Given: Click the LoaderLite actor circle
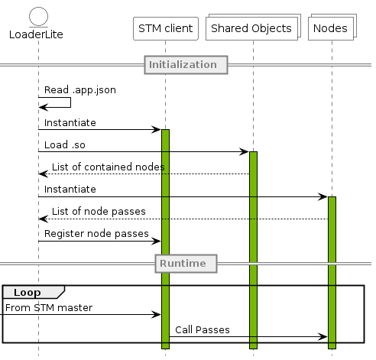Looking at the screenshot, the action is tap(38, 17).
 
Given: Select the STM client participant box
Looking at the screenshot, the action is tap(166, 28).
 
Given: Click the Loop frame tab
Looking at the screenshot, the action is tap(34, 292).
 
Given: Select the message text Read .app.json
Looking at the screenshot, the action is tap(80, 90).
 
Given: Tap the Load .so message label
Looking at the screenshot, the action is tap(65, 145).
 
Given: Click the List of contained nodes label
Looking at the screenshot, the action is tap(109, 167).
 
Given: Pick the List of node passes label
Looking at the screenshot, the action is tap(99, 212).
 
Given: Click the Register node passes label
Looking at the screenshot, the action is tap(96, 234).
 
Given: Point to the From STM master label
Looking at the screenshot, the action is tap(49, 308).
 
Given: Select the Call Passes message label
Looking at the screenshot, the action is tap(203, 330).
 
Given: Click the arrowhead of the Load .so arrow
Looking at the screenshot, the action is tap(244, 152).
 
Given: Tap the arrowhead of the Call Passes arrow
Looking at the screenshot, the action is tap(323, 337).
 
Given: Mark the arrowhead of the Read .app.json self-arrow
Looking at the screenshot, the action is tap(44, 107).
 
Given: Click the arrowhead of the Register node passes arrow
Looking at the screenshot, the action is tap(156, 241).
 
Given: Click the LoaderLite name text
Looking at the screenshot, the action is tap(36, 34).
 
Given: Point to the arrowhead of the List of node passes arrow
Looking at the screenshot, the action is tap(44, 219).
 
